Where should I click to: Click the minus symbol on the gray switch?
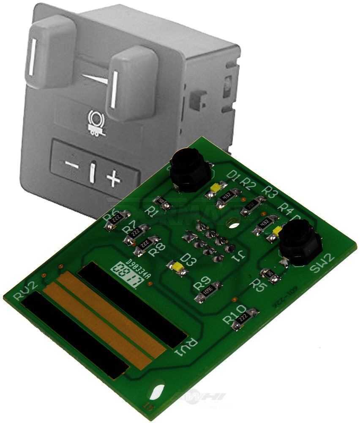tap(71, 165)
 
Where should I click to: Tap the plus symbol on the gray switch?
tap(113, 179)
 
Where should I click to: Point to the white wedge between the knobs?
tap(95, 78)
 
